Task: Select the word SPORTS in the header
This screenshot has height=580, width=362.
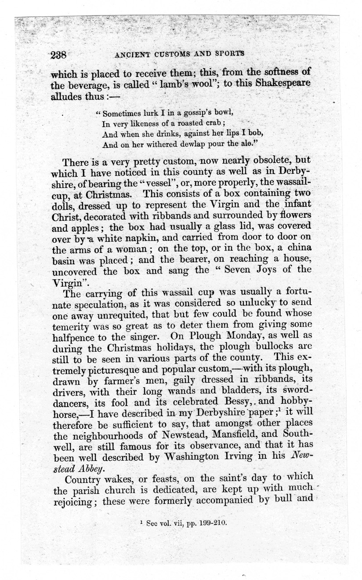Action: [228, 55]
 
